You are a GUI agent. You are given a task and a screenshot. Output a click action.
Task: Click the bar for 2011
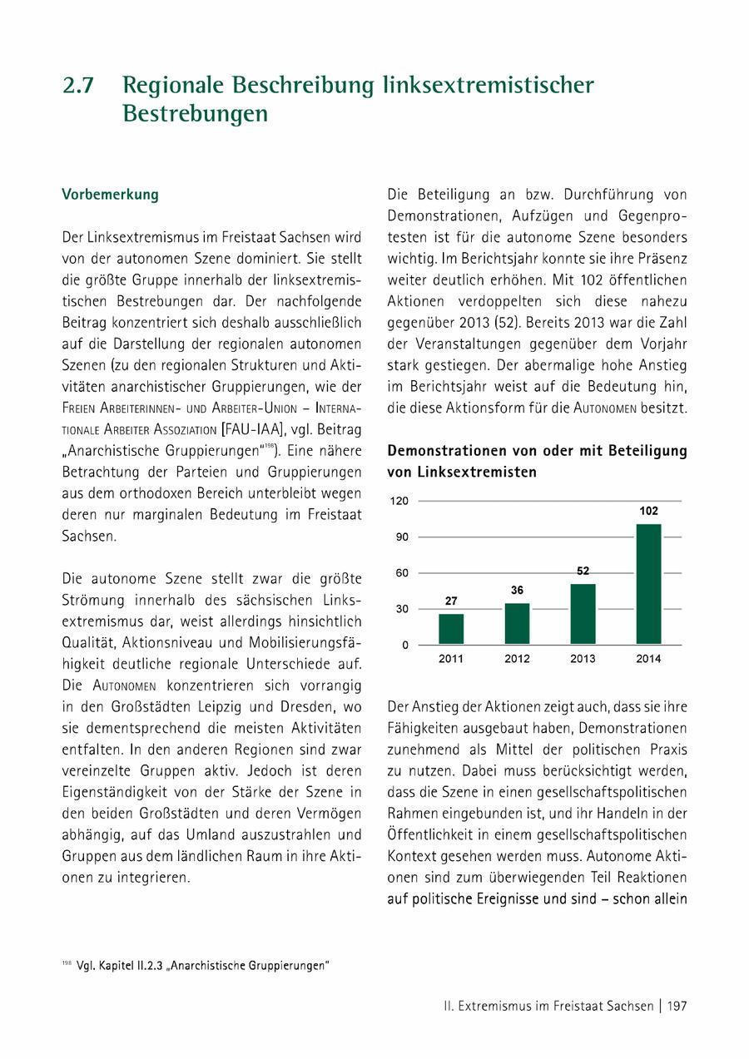coord(451,629)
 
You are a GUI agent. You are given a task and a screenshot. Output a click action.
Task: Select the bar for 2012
coord(517,624)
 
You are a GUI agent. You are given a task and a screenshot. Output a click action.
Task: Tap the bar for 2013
coord(583,614)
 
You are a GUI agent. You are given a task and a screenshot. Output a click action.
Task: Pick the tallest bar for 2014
coord(648,584)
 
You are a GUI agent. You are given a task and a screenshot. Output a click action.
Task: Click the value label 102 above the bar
coord(648,512)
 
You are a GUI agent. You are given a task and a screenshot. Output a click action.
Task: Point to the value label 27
coord(451,601)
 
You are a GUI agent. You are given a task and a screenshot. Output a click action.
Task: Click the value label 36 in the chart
coord(517,590)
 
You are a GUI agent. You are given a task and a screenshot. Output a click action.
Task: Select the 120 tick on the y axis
coord(401,502)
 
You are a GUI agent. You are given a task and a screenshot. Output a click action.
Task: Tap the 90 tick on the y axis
coord(403,537)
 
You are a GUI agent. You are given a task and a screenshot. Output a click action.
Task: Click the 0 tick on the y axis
coord(405,645)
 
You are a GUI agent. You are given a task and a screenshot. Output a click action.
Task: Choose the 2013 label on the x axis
coord(583,659)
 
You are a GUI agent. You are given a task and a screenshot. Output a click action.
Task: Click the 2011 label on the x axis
coord(451,659)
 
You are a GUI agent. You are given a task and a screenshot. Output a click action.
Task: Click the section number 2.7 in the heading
coord(79,86)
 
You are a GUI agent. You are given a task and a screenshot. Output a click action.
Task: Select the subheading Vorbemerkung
coord(110,195)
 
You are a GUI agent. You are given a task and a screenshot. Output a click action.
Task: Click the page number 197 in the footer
coord(677,1006)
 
